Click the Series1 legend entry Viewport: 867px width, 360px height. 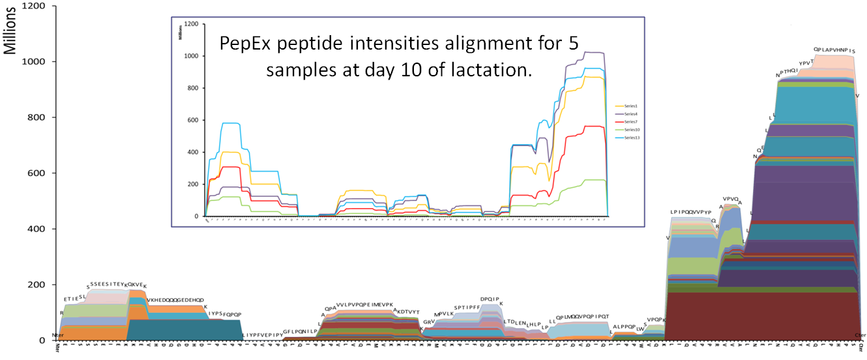coord(630,106)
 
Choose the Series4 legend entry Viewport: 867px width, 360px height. coord(630,113)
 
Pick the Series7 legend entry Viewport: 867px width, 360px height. coord(630,122)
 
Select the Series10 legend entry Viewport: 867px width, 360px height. coord(631,130)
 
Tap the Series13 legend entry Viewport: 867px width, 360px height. coord(631,138)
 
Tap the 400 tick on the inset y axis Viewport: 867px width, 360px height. coord(193,152)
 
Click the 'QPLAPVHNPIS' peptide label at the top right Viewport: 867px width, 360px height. coord(834,50)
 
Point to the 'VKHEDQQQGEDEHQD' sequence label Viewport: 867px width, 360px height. coord(175,301)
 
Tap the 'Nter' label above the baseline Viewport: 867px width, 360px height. coord(57,335)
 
